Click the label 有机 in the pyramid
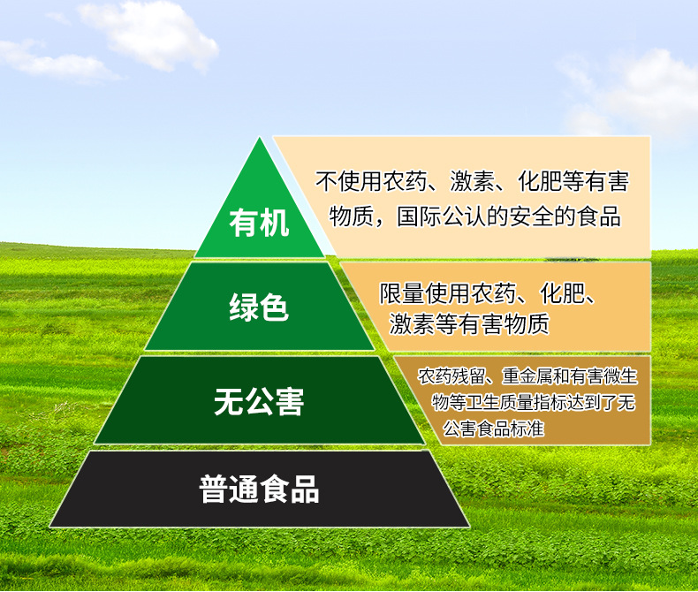click(x=259, y=223)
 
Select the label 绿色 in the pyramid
click(x=259, y=307)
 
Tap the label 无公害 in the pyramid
click(x=259, y=401)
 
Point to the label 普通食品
click(x=259, y=489)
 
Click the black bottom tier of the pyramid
click(x=259, y=489)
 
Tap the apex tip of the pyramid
click(x=260, y=137)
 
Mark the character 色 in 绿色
click(x=274, y=307)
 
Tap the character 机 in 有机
click(x=275, y=223)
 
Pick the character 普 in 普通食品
click(x=214, y=489)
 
